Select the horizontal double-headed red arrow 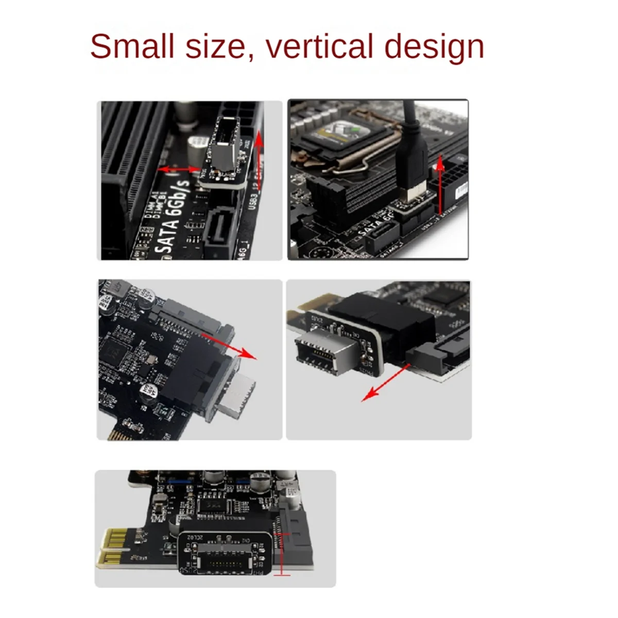tap(178, 169)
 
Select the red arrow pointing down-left tap(386, 381)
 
